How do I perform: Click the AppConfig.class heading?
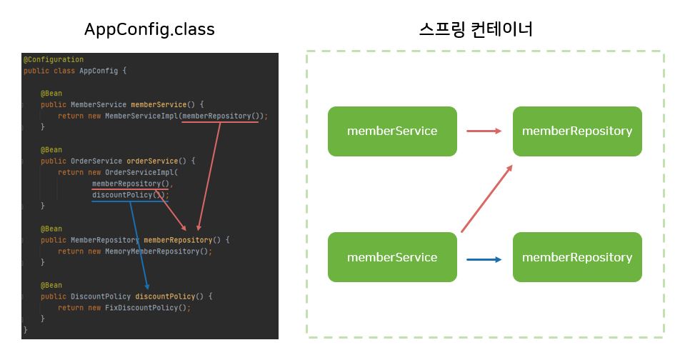149,29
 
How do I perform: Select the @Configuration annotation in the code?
54,59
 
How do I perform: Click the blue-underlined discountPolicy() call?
129,194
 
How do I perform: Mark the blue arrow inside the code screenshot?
139,243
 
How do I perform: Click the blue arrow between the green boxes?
484,259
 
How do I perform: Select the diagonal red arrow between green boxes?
486,199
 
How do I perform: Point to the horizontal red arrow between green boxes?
484,131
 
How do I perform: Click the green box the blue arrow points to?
577,257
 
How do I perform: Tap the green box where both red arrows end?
577,131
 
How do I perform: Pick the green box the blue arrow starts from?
392,257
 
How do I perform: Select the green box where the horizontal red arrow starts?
392,131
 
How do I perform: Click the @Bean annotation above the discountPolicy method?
51,285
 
